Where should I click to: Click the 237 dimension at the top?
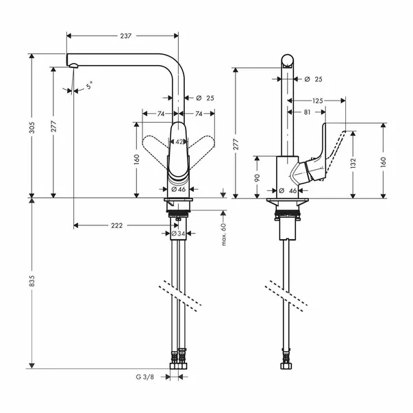pos(125,36)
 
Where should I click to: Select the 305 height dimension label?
pos(32,127)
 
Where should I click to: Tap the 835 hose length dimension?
pos(32,281)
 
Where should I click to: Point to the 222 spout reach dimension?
pos(116,225)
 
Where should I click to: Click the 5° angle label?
pos(90,85)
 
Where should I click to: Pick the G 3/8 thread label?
pos(145,377)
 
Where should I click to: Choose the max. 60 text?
pos(224,234)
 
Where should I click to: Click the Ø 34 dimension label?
pos(178,234)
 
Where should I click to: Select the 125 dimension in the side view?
pos(318,101)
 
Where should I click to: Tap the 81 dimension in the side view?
pos(307,112)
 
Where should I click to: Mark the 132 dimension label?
pos(353,163)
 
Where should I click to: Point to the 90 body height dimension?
pos(258,177)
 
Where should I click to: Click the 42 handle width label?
pos(179,142)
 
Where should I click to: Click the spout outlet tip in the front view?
pos(73,66)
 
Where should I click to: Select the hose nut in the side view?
pos(287,366)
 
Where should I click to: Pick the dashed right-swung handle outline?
pos(201,151)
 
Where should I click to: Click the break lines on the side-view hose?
pos(286,295)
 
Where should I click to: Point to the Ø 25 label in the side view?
pos(313,79)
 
